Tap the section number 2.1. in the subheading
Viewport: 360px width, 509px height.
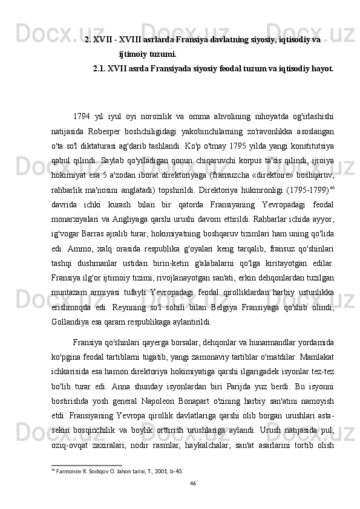point(100,69)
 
